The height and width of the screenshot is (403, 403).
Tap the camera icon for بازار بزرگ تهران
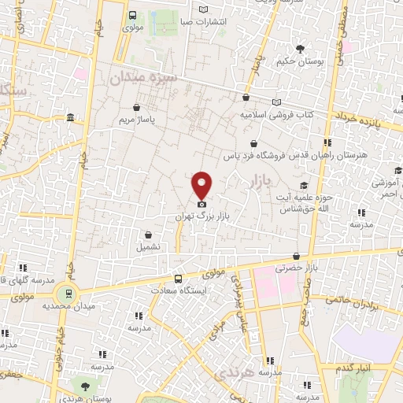point(201,204)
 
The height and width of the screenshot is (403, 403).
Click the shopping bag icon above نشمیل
point(148,234)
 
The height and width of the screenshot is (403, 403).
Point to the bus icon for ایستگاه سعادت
point(178,278)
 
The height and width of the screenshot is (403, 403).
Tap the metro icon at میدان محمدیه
point(70,293)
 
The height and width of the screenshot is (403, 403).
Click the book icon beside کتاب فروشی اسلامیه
point(275,102)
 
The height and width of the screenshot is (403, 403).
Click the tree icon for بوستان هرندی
point(84,384)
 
